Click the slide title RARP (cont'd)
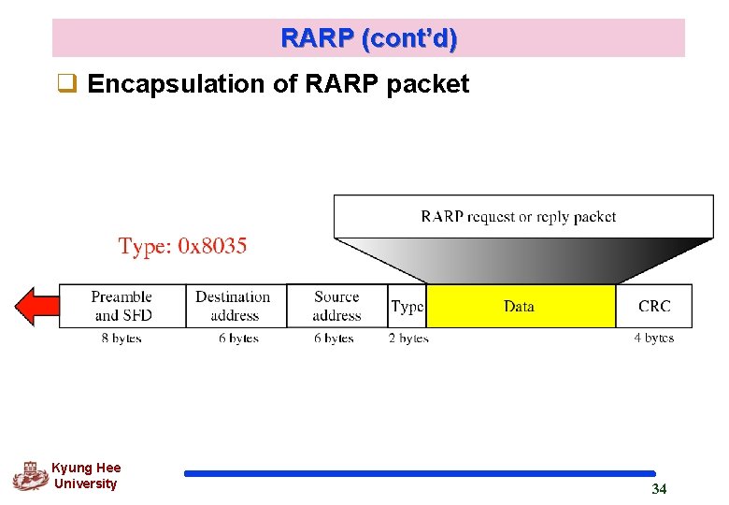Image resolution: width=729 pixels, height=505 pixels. [x=368, y=38]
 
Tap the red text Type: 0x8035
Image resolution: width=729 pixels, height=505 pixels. [x=182, y=247]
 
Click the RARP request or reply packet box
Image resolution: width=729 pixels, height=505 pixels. [x=518, y=216]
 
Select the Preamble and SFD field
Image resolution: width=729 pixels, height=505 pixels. [x=121, y=306]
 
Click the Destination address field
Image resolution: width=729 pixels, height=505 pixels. [x=234, y=306]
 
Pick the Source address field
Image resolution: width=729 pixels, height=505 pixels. [x=336, y=306]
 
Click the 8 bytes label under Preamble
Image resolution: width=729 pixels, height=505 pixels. [x=121, y=338]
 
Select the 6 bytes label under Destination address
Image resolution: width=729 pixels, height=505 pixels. [x=238, y=338]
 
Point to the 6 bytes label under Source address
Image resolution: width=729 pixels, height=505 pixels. [x=334, y=338]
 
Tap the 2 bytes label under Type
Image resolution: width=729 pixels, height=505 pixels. [x=408, y=338]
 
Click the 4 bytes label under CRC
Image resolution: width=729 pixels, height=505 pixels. [x=653, y=338]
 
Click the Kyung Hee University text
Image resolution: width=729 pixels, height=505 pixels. [x=85, y=476]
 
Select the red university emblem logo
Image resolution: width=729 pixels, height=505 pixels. [x=30, y=476]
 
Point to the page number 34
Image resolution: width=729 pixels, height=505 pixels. [x=659, y=489]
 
